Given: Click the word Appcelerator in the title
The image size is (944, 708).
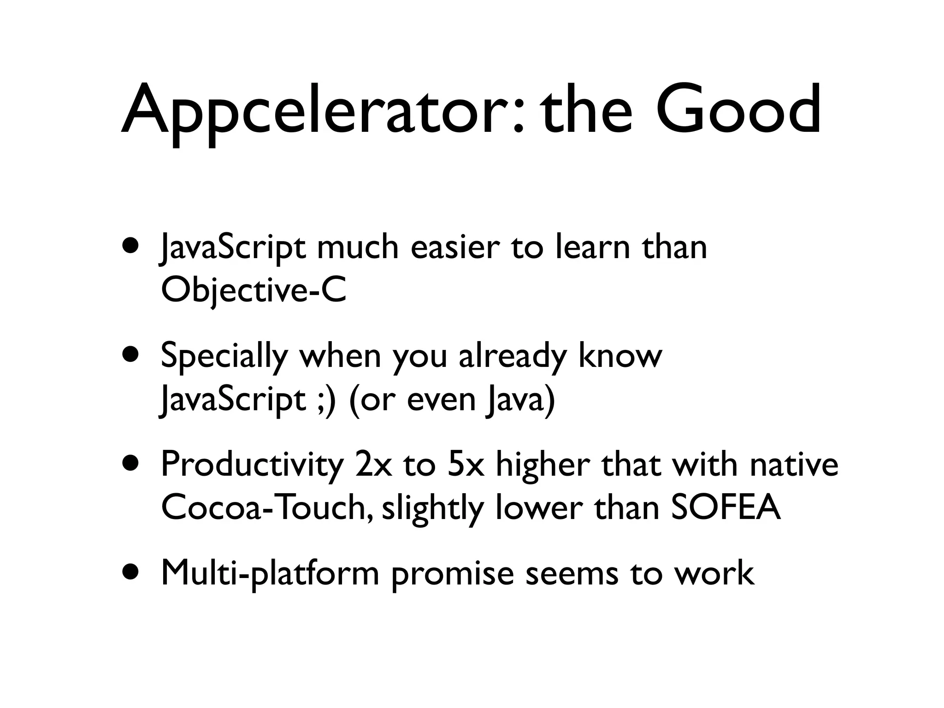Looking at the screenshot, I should click(x=323, y=111).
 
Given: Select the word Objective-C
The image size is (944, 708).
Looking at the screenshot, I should click(x=254, y=291).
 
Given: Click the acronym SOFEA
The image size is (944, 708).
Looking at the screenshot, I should click(x=726, y=508).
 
